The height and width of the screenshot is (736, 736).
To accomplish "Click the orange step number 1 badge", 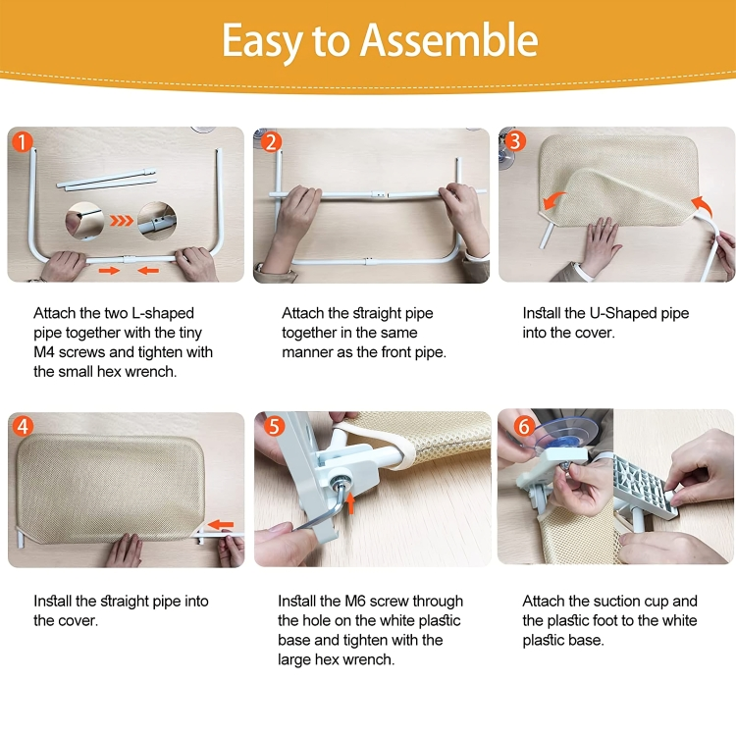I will pos(23,142).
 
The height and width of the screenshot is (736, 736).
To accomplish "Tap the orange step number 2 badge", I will pos(270,142).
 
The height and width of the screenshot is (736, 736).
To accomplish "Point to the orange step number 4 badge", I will pos(25,427).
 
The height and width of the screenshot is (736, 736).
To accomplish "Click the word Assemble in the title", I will pos(449,40).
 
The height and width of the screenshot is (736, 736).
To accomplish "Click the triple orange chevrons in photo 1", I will pos(121,222).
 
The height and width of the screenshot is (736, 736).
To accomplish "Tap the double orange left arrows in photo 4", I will pos(221,525).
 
